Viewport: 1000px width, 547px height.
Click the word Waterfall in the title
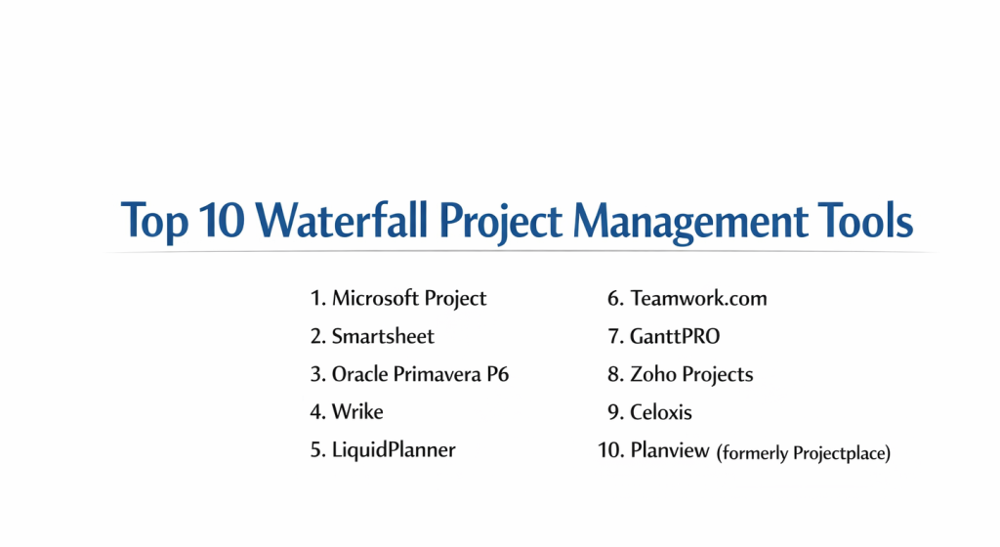[x=342, y=221]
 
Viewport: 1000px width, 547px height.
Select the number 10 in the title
[x=222, y=221]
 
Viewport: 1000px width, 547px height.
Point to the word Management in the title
[x=690, y=223]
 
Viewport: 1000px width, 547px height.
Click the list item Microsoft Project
[x=409, y=299]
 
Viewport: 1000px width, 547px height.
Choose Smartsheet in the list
[x=383, y=336]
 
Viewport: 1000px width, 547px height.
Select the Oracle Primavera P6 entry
[x=420, y=374]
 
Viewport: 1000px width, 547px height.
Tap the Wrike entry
[x=357, y=412]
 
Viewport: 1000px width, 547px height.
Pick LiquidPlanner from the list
[x=394, y=450]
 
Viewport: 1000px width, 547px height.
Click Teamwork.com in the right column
[x=698, y=298]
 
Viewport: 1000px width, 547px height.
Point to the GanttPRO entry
[x=675, y=336]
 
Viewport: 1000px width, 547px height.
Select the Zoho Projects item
[x=691, y=375]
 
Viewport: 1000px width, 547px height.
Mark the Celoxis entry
[x=661, y=412]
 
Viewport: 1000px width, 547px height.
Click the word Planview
[x=670, y=450]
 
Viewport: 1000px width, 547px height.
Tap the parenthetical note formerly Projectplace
[x=804, y=453]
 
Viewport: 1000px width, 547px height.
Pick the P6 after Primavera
[x=497, y=374]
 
